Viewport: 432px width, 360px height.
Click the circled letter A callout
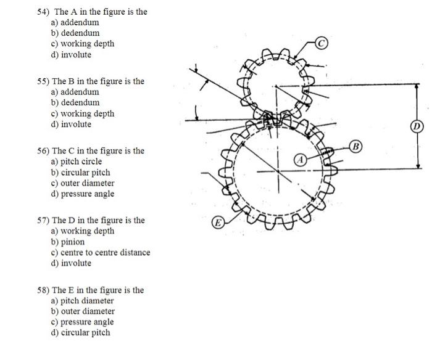(x=301, y=160)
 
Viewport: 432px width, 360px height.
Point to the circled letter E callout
(x=218, y=223)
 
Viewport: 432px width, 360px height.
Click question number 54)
(x=44, y=12)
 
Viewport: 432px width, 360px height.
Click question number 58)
(x=44, y=290)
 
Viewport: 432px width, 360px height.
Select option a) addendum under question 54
(x=75, y=22)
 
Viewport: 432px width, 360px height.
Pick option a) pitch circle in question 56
(x=77, y=162)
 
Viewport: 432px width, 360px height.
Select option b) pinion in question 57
(x=68, y=242)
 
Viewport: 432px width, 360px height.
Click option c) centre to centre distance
(x=101, y=252)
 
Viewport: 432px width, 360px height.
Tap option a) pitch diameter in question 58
(x=82, y=301)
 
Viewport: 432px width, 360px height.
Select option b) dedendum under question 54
(x=75, y=33)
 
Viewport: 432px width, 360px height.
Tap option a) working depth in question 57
(x=82, y=231)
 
